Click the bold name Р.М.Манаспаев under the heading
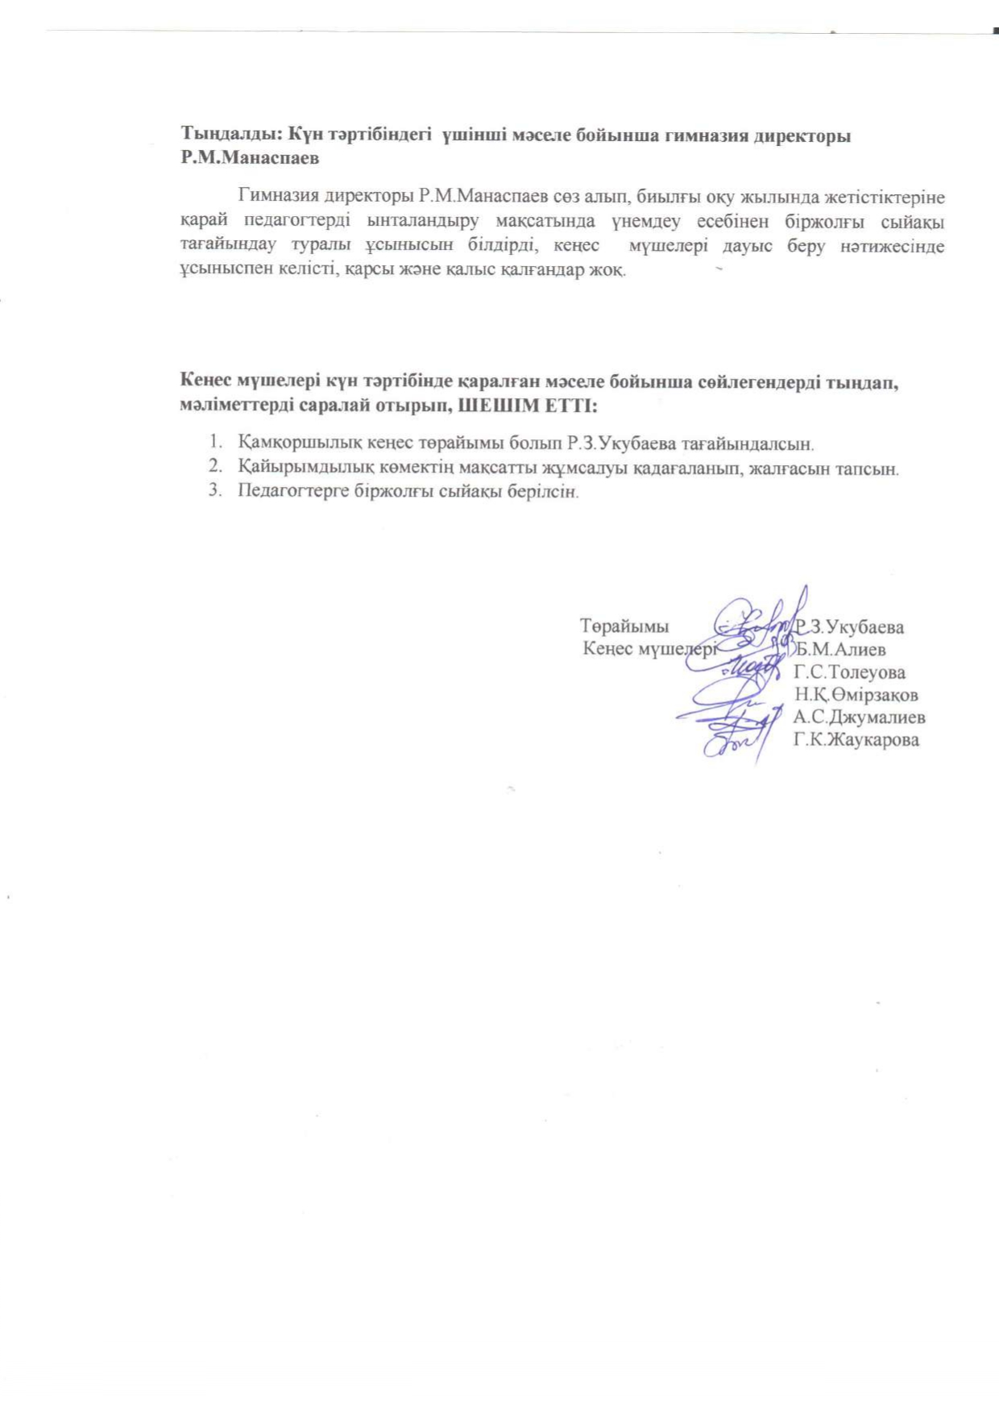coord(250,158)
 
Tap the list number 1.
coord(214,443)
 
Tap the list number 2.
coord(214,467)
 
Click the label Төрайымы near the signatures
coord(624,626)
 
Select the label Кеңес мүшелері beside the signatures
coord(649,649)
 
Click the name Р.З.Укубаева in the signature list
coord(850,627)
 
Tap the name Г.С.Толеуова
coord(849,672)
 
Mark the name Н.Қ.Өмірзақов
coord(856,694)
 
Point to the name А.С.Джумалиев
coord(859,717)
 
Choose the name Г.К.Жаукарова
coord(856,739)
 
